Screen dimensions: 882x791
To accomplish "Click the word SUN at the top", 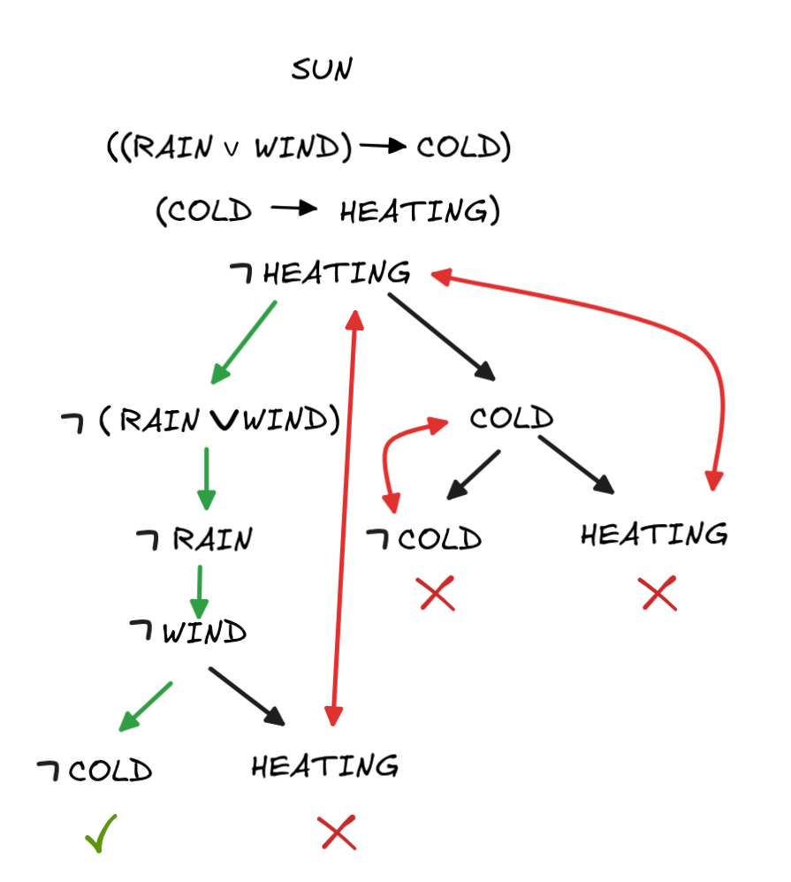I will coord(322,70).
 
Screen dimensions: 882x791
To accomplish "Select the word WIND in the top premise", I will coord(297,148).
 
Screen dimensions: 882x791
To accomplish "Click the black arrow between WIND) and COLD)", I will coord(382,147).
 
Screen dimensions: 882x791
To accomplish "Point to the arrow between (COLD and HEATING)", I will coord(294,210).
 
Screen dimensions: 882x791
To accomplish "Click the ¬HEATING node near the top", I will coord(320,273).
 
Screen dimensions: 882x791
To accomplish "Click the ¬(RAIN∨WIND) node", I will coord(201,422).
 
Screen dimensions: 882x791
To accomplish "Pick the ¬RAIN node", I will coord(194,538).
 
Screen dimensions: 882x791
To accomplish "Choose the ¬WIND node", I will coord(188,633).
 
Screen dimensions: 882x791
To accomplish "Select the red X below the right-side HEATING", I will coord(659,593).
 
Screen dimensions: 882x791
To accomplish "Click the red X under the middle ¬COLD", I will coord(437,593).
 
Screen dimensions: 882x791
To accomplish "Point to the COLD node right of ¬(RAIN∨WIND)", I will coord(512,418).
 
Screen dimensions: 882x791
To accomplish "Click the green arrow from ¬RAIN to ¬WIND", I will coord(200,590).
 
